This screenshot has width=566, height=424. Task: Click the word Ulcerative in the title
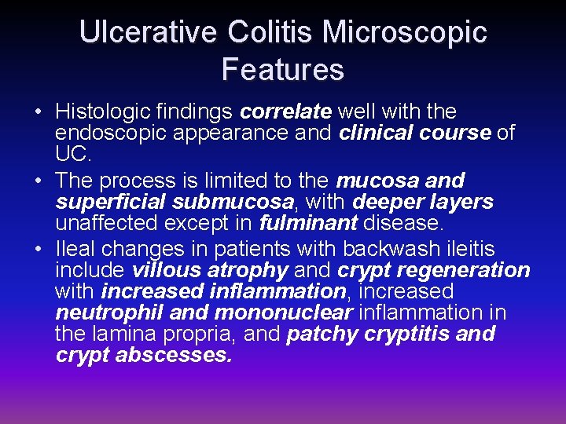pos(147,32)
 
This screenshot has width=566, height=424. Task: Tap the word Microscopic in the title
pos(405,32)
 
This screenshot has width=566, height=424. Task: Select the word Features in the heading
pos(283,69)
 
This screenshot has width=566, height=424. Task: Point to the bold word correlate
pos(285,111)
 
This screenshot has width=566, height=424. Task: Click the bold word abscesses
pos(174,355)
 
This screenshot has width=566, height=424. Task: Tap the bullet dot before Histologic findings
pos(38,112)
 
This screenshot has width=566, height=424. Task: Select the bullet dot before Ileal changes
pos(38,250)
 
